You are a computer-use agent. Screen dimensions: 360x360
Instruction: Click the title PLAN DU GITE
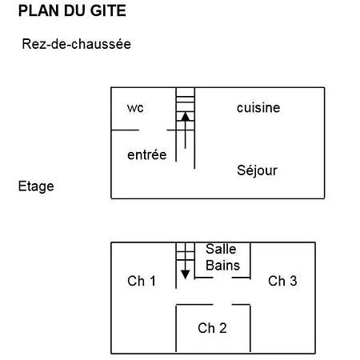[x=72, y=10]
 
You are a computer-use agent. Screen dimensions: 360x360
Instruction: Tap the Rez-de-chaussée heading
[x=77, y=44]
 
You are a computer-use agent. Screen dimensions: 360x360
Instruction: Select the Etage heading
[x=36, y=186]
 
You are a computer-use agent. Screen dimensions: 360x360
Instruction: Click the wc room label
[x=135, y=108]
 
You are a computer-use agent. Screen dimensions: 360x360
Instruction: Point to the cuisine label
[x=258, y=108]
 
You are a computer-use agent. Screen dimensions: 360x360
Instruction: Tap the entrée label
[x=147, y=154]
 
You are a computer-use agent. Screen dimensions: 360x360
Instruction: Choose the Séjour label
[x=257, y=170]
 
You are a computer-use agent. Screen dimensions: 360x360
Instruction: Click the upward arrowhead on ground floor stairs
[x=186, y=117]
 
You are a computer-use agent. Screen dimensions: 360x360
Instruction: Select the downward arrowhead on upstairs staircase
[x=186, y=274]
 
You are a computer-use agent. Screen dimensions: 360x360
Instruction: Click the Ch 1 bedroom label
[x=142, y=281]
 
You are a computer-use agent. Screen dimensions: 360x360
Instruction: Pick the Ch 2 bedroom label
[x=212, y=328]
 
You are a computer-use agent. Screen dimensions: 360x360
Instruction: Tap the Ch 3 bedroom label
[x=282, y=281]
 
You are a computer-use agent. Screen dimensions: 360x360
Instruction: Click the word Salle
[x=221, y=249]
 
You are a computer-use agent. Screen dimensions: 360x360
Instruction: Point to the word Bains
[x=223, y=266]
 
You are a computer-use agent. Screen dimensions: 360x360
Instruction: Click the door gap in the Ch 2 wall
[x=222, y=304]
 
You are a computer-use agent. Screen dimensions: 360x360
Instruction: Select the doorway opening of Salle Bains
[x=222, y=278]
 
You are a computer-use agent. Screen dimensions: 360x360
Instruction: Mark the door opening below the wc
[x=153, y=130]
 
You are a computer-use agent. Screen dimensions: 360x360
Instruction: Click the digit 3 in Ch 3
[x=294, y=281]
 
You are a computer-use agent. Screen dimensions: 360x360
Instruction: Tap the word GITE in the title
[x=108, y=10]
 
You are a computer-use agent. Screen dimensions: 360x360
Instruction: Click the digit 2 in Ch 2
[x=223, y=328]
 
